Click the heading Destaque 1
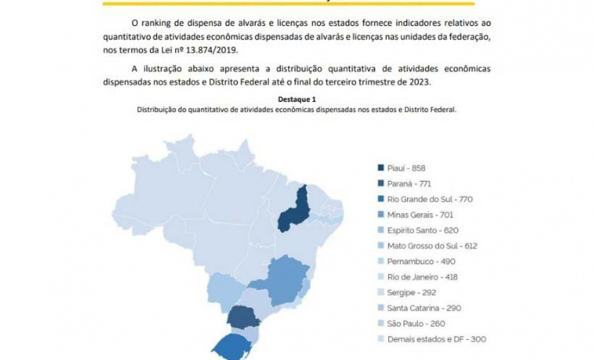coord(297,99)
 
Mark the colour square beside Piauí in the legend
coord(382,167)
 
